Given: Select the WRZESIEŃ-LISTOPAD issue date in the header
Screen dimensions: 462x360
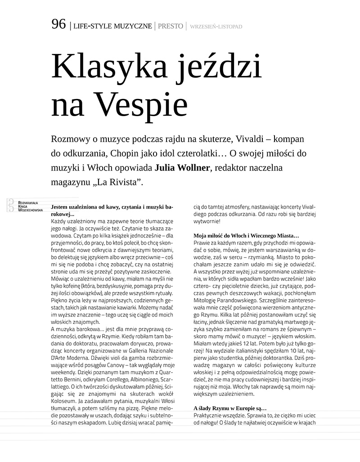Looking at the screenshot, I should click(216, 27).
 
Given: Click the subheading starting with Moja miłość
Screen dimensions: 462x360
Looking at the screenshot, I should click(246, 236).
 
